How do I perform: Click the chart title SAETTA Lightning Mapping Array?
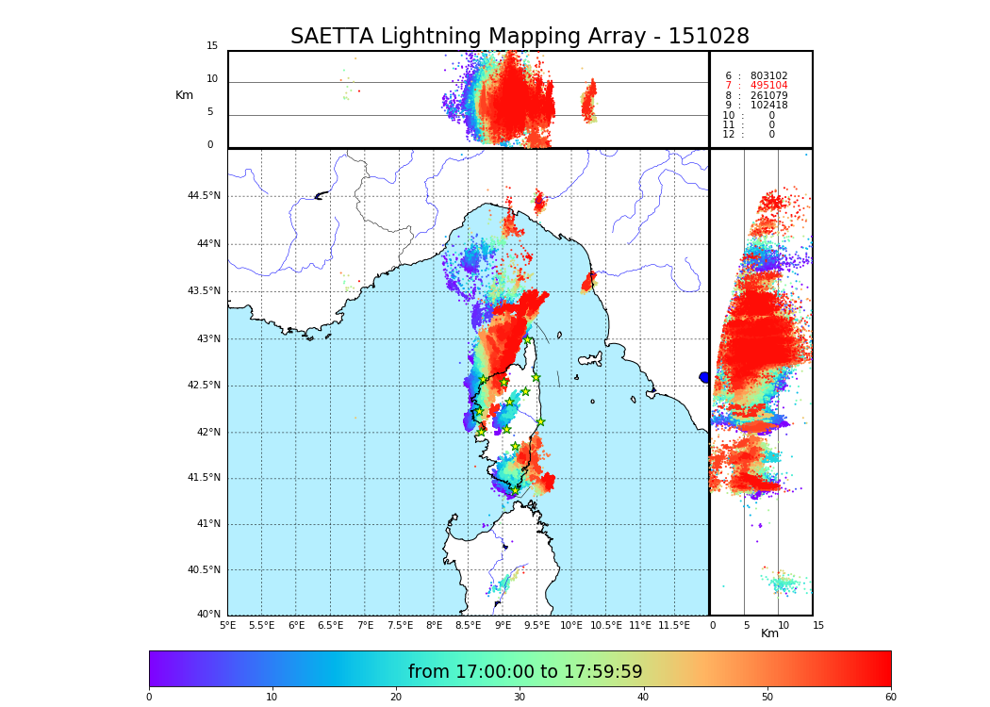coord(520,37)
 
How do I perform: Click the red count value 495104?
coord(768,86)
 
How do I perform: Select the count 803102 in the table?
coord(768,76)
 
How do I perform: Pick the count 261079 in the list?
coord(768,96)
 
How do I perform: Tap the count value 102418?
coord(768,106)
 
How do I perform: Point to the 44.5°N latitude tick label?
coord(204,196)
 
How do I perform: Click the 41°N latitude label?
coord(207,524)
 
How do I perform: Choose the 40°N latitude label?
coord(207,615)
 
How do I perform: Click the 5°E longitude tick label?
coord(228,625)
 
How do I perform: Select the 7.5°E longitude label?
coord(400,625)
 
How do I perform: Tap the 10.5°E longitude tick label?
coord(606,625)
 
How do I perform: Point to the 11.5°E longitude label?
coord(675,625)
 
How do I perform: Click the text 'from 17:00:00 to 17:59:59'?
coord(525,672)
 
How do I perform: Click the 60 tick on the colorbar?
coord(890,698)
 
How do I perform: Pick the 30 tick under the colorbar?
coord(520,698)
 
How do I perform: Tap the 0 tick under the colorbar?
coord(149,698)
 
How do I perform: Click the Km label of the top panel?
coord(184,95)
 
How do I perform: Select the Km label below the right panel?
coord(769,633)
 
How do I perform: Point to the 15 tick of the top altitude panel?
coord(212,46)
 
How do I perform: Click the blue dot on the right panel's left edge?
coord(704,377)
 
